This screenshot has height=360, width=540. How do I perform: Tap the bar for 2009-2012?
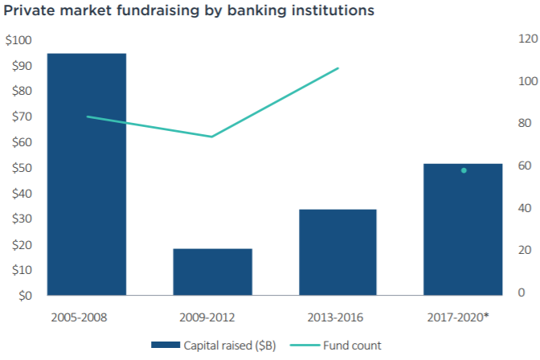click(212, 272)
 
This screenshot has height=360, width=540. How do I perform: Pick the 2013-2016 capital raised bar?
click(337, 252)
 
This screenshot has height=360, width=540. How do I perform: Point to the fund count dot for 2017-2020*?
click(464, 170)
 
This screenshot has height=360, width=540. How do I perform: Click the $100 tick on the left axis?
click(19, 39)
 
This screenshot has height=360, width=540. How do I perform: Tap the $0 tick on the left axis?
click(26, 296)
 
